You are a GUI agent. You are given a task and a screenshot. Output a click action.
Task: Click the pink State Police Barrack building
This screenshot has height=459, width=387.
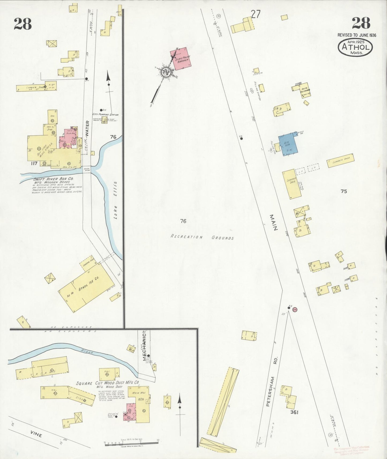click(181, 59)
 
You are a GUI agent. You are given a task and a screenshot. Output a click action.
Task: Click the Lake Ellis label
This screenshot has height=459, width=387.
click(115, 200)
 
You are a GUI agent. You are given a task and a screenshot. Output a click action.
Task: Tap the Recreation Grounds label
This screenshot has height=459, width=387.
click(202, 237)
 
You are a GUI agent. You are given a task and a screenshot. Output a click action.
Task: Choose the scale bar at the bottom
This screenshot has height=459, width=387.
click(131, 442)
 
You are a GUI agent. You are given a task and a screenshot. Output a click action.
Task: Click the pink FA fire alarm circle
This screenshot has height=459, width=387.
click(295, 309)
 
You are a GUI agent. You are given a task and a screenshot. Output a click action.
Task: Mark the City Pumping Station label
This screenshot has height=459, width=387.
click(105, 115)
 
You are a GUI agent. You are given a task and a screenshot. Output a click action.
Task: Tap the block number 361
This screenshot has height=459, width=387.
click(294, 412)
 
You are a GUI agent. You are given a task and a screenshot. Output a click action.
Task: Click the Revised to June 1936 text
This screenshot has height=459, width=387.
click(356, 35)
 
